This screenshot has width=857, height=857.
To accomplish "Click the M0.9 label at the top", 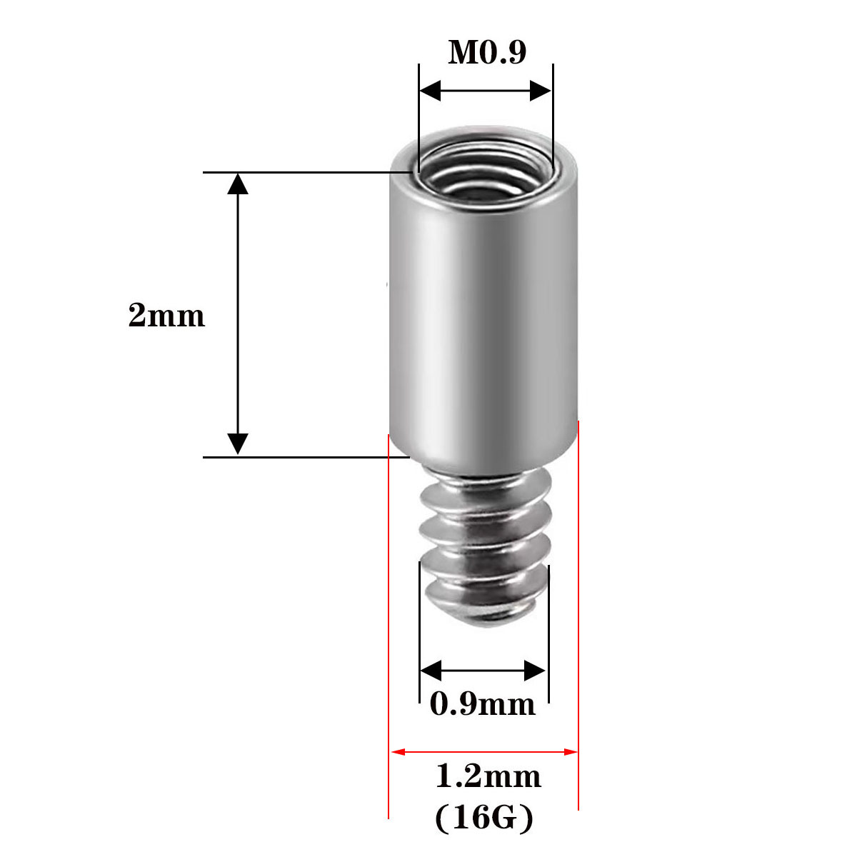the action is (x=487, y=52).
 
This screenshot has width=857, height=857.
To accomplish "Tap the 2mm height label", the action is (x=167, y=316).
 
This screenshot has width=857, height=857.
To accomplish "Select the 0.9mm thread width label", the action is (x=483, y=704).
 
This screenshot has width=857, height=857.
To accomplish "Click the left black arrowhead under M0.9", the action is (x=430, y=91).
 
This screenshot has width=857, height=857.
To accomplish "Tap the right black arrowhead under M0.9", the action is (x=541, y=91).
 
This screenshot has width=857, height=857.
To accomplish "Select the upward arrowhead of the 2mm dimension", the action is (x=238, y=184).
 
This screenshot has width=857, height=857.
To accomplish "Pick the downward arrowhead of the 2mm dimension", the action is (x=238, y=443).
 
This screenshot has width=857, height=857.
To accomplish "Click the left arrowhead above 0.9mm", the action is (x=431, y=671).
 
